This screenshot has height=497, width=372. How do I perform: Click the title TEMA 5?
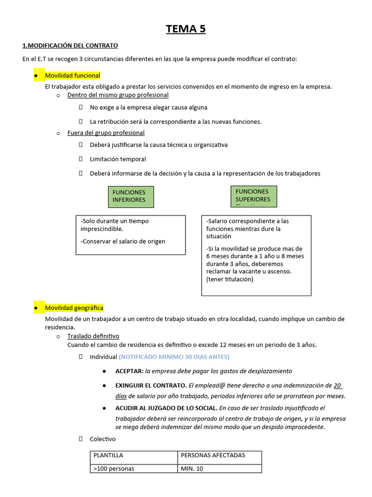pyautogui.click(x=186, y=29)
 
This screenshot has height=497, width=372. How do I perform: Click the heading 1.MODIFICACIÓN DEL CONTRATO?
pyautogui.click(x=70, y=46)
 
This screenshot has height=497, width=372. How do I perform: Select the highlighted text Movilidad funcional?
pyautogui.click(x=73, y=76)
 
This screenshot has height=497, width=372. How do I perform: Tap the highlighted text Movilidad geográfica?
pyautogui.click(x=74, y=308)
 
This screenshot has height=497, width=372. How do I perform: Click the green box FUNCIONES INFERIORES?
pyautogui.click(x=129, y=196)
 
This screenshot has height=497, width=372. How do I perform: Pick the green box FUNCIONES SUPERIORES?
pyautogui.click(x=253, y=196)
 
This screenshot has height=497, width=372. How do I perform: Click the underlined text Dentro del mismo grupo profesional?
pyautogui.click(x=118, y=95)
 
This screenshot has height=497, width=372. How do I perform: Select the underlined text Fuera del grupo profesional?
pyautogui.click(x=106, y=133)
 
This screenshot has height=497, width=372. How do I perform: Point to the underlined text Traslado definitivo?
pyautogui.click(x=93, y=336)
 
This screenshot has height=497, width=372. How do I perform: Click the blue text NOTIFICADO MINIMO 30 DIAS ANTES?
pyautogui.click(x=174, y=357)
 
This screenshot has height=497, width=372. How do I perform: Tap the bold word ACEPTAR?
pyautogui.click(x=129, y=371)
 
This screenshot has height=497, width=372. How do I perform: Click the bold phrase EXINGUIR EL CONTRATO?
pyautogui.click(x=151, y=385)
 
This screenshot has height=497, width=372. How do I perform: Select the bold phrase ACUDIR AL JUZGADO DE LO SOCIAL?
pyautogui.click(x=166, y=408)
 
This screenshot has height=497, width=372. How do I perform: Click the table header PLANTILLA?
pyautogui.click(x=108, y=455)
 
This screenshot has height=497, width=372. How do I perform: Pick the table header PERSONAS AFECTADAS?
pyautogui.click(x=213, y=455)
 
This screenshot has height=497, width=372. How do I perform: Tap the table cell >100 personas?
pyautogui.click(x=114, y=469)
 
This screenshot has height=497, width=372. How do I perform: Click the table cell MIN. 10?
pyautogui.click(x=192, y=469)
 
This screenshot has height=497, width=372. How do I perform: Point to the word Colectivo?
pyautogui.click(x=103, y=439)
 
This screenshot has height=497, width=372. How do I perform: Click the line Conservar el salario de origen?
pyautogui.click(x=123, y=241)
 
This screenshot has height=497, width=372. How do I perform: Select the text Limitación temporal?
pyautogui.click(x=118, y=159)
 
